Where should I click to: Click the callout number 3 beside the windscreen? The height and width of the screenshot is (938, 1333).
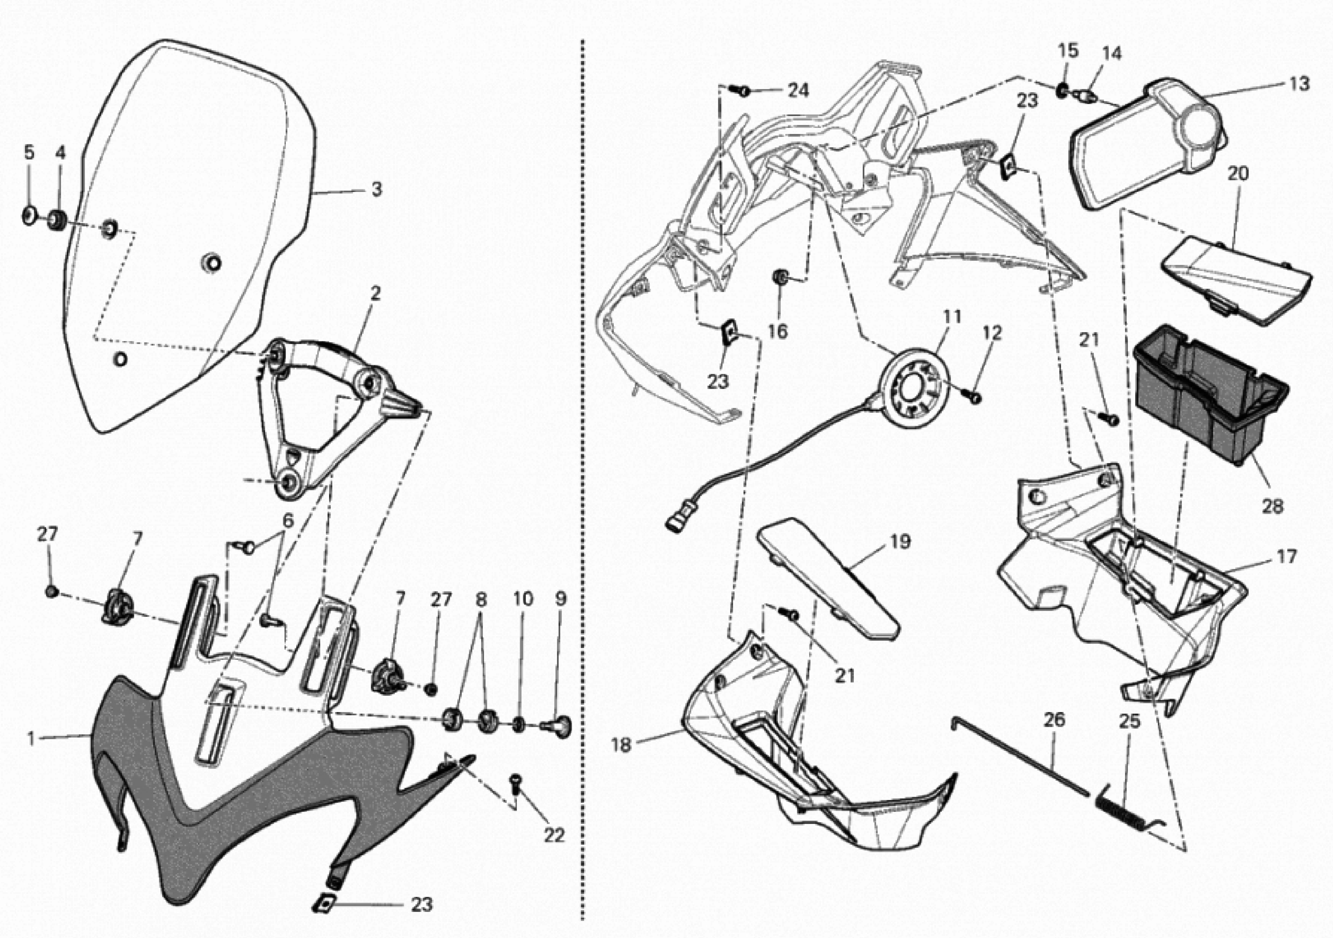click(377, 189)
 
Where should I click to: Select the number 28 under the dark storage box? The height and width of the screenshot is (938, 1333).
click(1272, 506)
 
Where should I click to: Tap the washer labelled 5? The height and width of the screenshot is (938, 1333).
click(29, 216)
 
